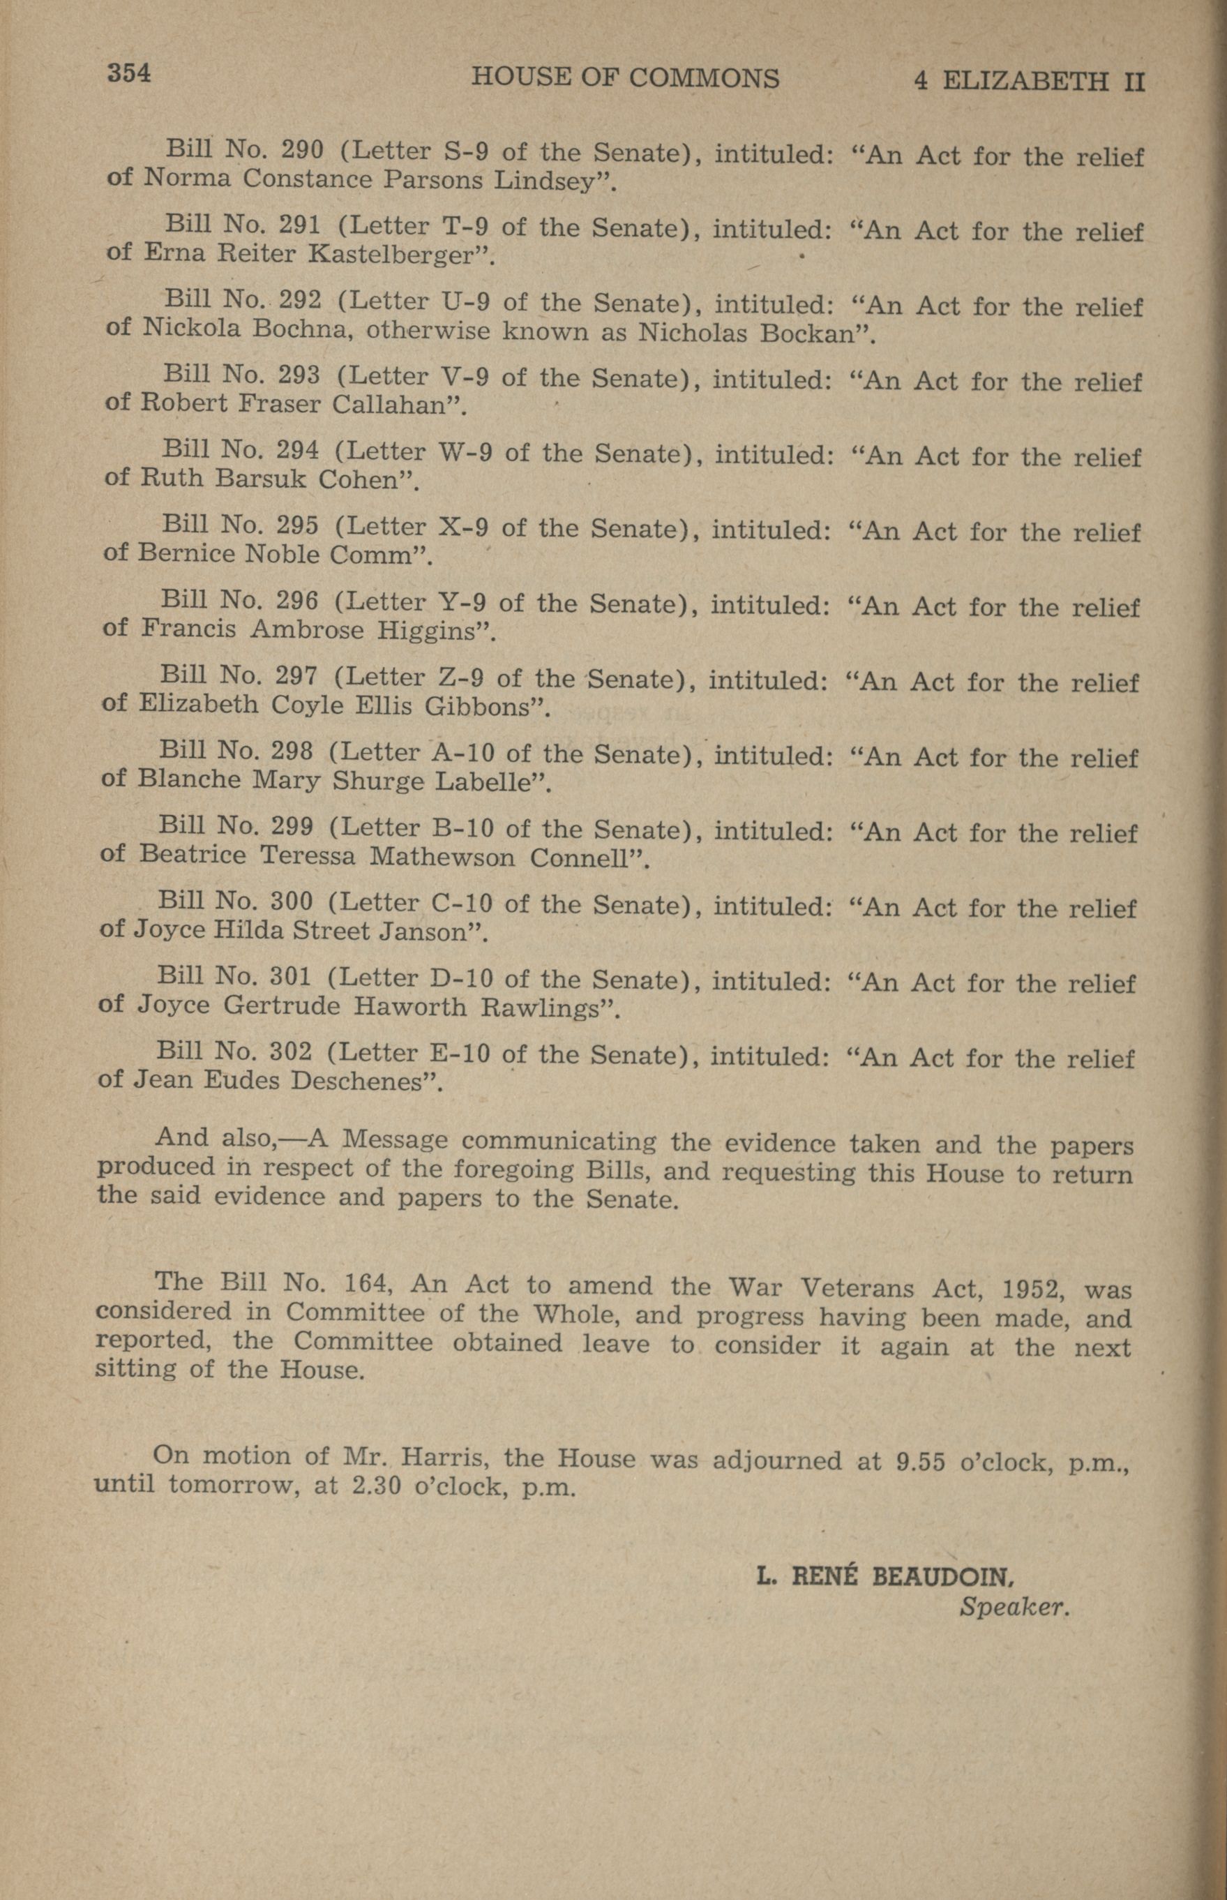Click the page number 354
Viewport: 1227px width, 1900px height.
click(x=129, y=73)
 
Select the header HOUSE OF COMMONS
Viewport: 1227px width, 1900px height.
click(x=626, y=78)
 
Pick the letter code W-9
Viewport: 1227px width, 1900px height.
click(x=465, y=452)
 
